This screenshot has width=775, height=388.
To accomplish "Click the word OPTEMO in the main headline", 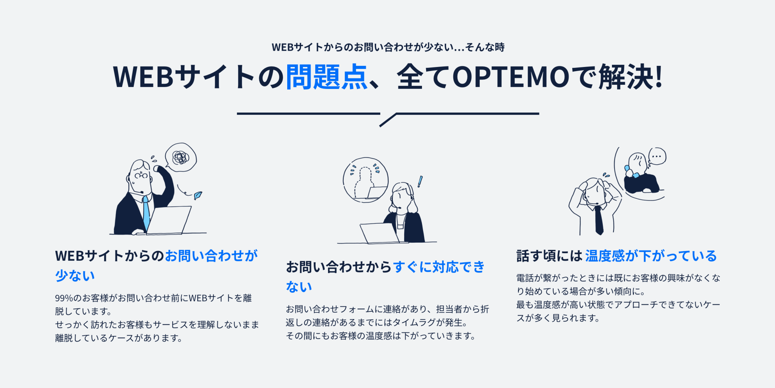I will pyautogui.click(x=511, y=77).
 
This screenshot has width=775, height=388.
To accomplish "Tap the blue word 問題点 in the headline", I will pyautogui.click(x=326, y=77).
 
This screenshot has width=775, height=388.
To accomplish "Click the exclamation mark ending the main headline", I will pyautogui.click(x=659, y=76).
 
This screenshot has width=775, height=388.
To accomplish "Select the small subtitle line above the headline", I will pyautogui.click(x=388, y=47).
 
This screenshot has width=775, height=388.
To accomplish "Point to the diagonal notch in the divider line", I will pyautogui.click(x=388, y=119).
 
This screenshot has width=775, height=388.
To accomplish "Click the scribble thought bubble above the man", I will pyautogui.click(x=181, y=157).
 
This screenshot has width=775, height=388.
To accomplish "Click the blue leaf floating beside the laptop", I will pyautogui.click(x=198, y=195).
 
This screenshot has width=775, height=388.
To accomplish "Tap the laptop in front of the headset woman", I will pyautogui.click(x=379, y=233).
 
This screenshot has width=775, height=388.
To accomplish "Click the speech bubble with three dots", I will pyautogui.click(x=657, y=156).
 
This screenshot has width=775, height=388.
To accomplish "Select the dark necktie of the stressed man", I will pyautogui.click(x=599, y=220).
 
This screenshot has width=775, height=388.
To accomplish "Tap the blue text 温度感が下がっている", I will pyautogui.click(x=651, y=256).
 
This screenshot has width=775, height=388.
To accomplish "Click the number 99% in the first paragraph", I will pyautogui.click(x=64, y=298).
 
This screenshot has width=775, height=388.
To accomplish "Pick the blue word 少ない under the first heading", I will pyautogui.click(x=75, y=276).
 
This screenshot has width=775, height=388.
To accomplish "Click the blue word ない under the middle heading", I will pyautogui.click(x=299, y=287).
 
